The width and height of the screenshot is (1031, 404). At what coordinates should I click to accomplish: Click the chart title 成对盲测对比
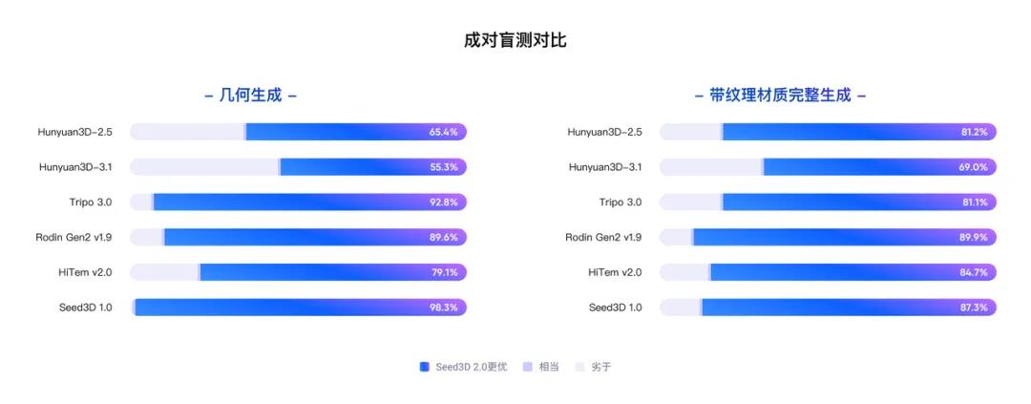[x=515, y=40]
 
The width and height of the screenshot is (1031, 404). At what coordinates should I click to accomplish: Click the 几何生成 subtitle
[x=251, y=96]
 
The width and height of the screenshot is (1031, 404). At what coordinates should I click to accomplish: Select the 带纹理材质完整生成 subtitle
[x=780, y=96]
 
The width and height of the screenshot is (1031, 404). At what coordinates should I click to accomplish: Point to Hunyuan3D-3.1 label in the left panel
[x=75, y=167]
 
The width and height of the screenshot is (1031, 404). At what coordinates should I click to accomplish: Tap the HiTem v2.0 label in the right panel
[x=615, y=272]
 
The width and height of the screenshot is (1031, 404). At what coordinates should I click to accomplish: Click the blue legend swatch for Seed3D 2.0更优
[x=424, y=367]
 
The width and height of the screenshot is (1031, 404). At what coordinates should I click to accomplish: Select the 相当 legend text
[x=549, y=367]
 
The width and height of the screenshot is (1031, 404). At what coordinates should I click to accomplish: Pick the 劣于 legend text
[x=600, y=367]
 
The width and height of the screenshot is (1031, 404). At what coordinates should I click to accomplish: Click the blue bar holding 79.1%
[x=315, y=272]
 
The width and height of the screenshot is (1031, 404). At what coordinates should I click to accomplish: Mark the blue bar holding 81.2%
[x=840, y=132]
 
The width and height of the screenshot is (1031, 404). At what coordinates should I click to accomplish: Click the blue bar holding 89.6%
[x=296, y=237]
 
